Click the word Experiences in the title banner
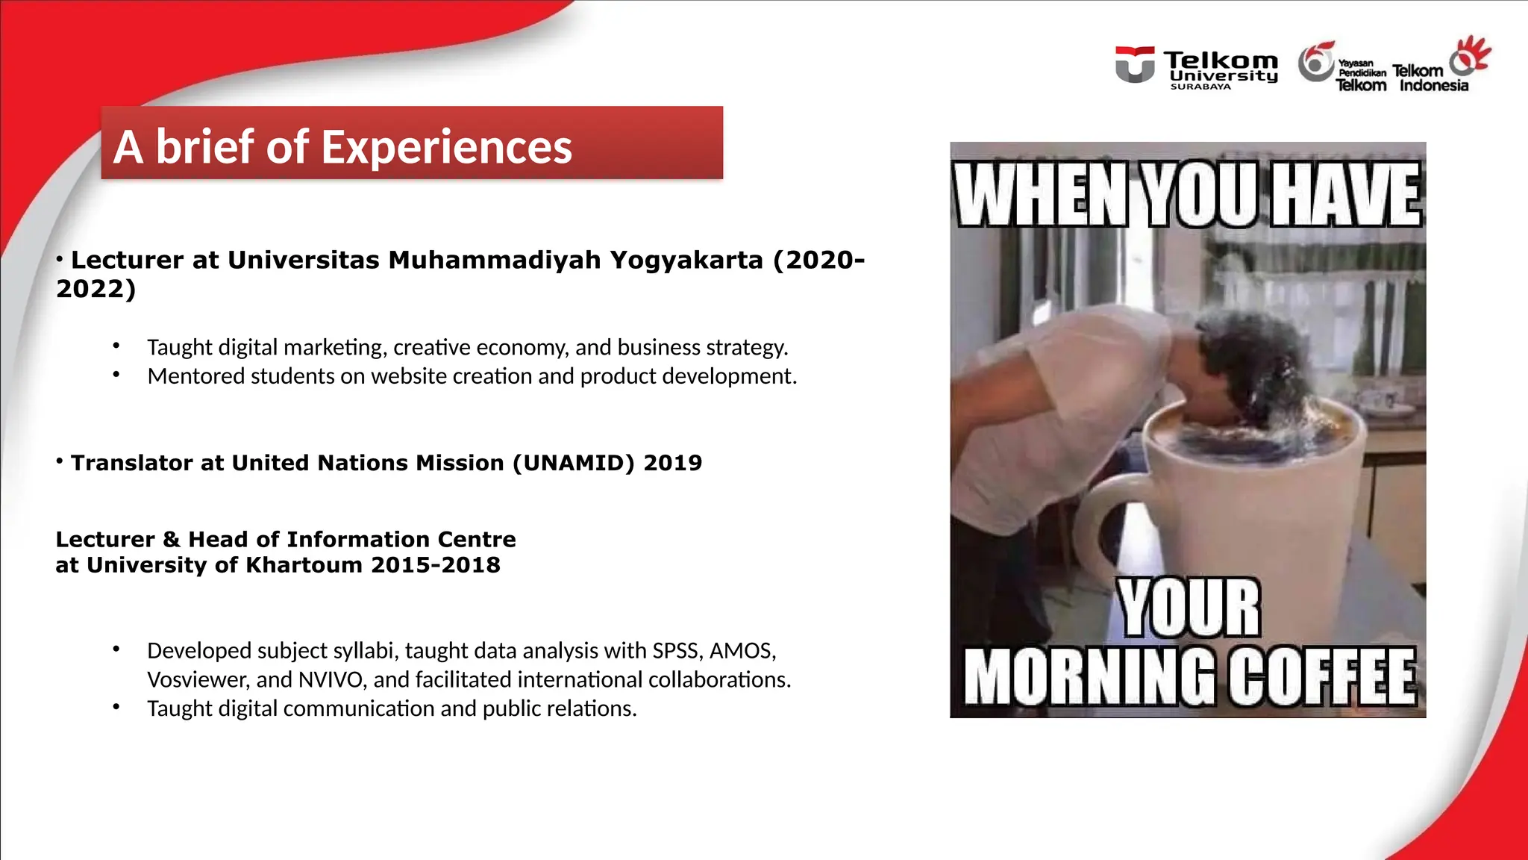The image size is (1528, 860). point(446,147)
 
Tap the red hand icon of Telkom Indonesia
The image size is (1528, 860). point(1471,55)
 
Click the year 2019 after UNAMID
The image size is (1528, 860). point(672,463)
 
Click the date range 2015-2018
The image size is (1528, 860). point(435,565)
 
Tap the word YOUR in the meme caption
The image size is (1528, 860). point(1189,608)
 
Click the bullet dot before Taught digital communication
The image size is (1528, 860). point(116,706)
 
